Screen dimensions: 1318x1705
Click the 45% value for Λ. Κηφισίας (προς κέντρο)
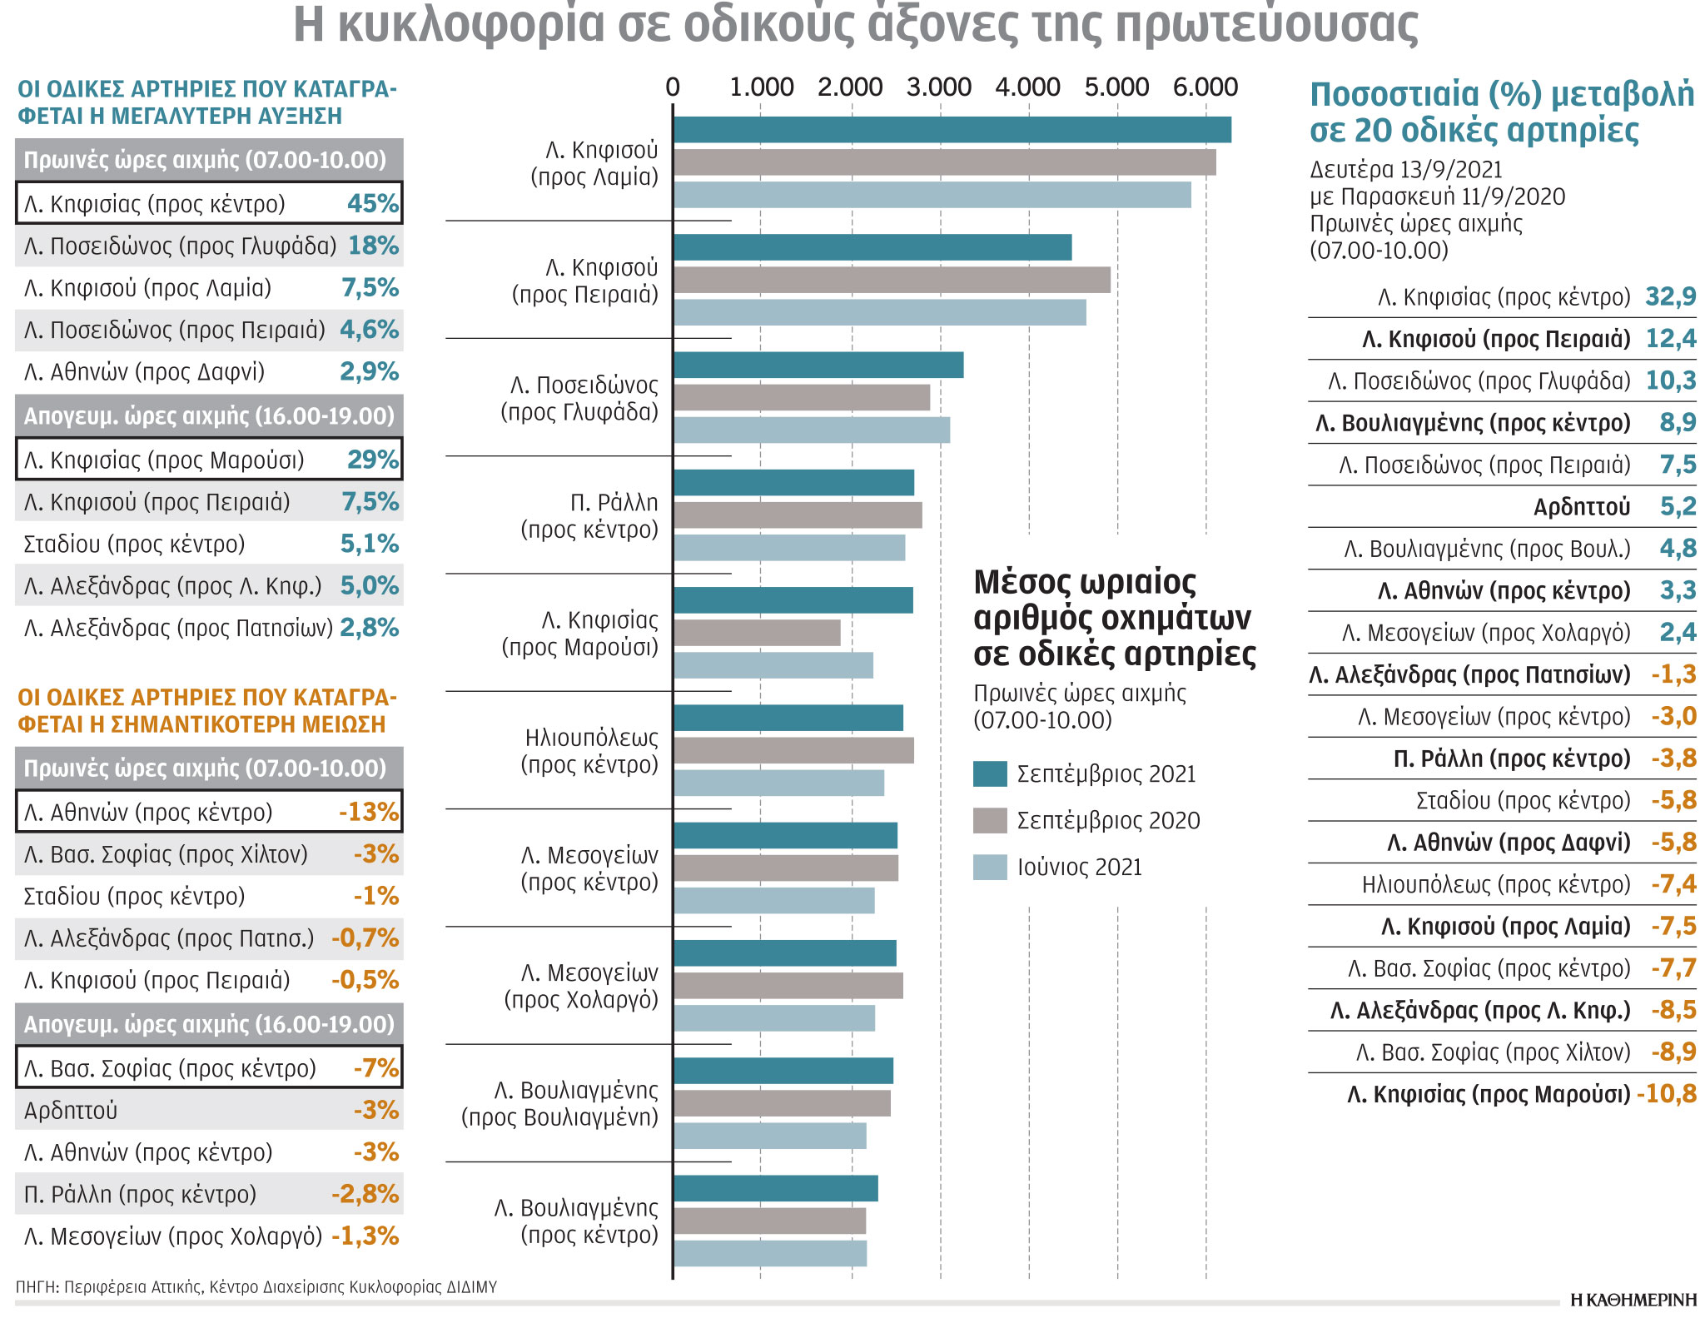click(373, 203)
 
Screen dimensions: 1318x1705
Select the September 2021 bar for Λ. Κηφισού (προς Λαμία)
click(952, 130)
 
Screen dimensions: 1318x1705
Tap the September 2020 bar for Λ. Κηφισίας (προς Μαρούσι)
click(756, 633)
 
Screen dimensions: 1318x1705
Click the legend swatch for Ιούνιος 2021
click(989, 867)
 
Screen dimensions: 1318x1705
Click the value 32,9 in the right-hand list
click(1670, 296)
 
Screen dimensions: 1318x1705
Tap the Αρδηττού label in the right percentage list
click(1581, 506)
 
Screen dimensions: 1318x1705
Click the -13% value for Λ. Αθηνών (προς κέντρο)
click(369, 812)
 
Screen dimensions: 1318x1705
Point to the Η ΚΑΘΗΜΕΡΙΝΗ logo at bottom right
click(1633, 1300)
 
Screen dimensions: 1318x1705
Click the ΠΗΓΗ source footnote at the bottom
click(256, 1286)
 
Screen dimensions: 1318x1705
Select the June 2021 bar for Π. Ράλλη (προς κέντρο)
click(788, 548)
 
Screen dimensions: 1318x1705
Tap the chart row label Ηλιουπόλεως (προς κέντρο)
click(590, 750)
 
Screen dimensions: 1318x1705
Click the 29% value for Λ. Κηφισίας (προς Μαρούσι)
click(373, 460)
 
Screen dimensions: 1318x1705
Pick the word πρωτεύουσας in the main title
click(1265, 25)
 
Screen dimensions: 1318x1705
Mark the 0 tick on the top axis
click(673, 87)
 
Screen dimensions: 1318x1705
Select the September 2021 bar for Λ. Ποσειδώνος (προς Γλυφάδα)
click(818, 366)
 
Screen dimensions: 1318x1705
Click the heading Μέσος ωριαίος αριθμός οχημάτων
click(1113, 618)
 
